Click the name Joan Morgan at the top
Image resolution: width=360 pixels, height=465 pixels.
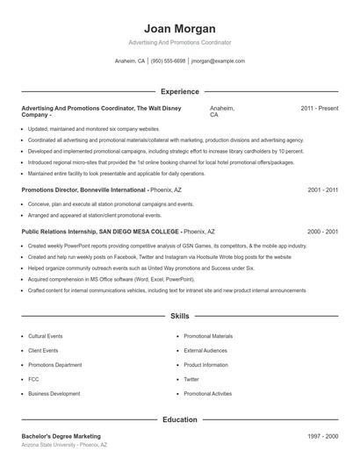(x=179, y=27)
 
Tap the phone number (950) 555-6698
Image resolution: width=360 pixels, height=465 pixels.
(x=168, y=61)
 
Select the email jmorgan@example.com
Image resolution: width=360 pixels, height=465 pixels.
(x=218, y=61)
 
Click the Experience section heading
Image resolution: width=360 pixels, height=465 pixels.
(x=179, y=91)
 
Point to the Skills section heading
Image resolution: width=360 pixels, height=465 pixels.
(x=179, y=315)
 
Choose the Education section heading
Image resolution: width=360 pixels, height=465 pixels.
(x=179, y=419)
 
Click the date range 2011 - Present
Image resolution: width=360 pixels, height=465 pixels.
(x=319, y=108)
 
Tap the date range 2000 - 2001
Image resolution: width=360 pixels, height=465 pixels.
(x=322, y=231)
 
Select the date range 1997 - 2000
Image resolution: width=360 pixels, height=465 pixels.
(x=322, y=436)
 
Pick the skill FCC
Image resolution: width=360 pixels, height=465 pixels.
(x=34, y=379)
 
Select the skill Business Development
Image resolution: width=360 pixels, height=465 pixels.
(x=54, y=394)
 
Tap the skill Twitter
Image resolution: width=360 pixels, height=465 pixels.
(x=191, y=379)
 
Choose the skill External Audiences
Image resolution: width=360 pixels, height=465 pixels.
(x=205, y=350)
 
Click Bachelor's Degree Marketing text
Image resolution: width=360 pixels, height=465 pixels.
(x=61, y=436)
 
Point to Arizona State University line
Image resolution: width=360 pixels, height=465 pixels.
(x=63, y=446)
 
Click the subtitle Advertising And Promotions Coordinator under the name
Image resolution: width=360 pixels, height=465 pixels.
(x=179, y=42)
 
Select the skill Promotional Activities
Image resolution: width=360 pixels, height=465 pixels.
(x=208, y=394)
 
